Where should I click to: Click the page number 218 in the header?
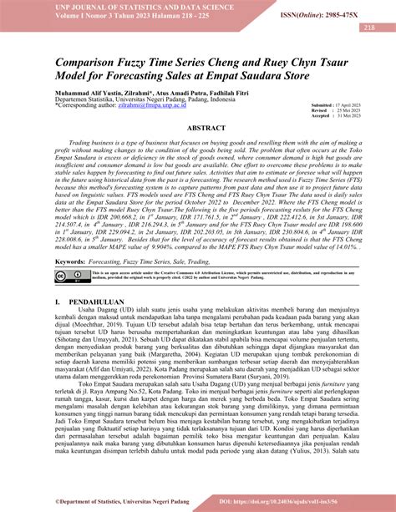tap(368, 28)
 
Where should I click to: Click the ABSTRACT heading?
tap(198, 128)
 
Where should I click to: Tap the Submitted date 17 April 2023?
tap(351, 104)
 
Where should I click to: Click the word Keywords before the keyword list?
tap(71, 262)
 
